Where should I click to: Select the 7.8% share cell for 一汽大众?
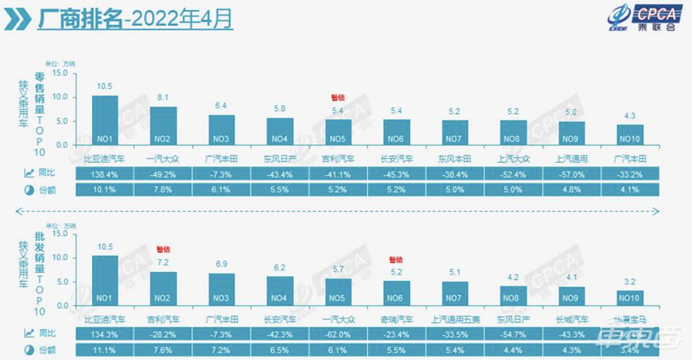[163, 189]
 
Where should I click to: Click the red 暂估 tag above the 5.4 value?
[338, 96]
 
